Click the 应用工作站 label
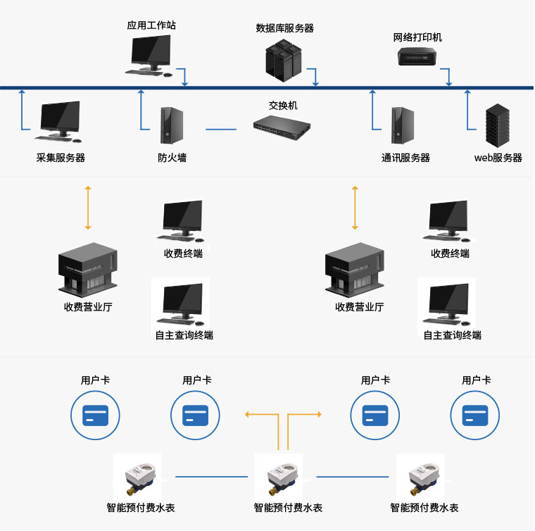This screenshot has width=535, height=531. (151, 25)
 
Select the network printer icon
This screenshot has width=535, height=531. (417, 56)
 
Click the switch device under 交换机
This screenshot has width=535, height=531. (282, 126)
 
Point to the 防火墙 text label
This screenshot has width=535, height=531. (172, 158)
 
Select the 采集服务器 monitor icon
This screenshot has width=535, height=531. (59, 120)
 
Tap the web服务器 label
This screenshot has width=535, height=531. (498, 158)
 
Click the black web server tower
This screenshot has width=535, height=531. (498, 125)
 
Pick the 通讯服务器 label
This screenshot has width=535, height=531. (405, 158)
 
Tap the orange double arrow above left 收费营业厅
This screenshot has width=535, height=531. (88, 208)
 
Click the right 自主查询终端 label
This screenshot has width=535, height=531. (452, 335)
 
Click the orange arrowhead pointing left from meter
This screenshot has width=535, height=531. (248, 415)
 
